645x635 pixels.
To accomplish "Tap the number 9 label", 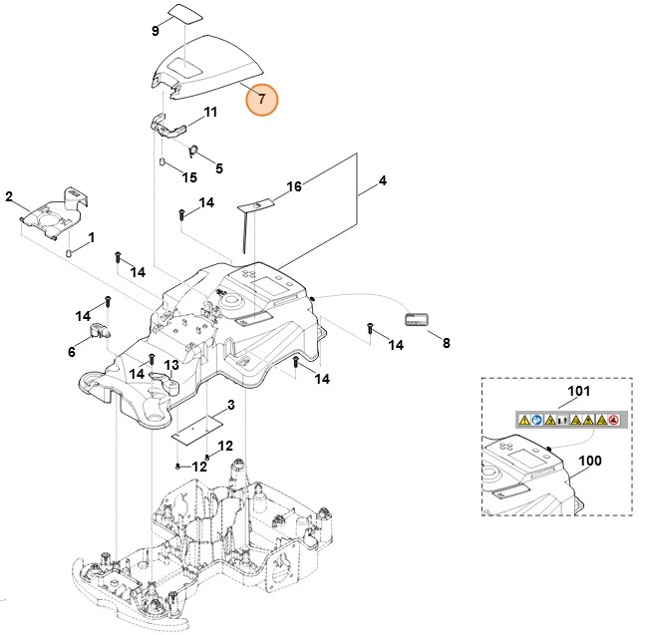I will click(x=155, y=31).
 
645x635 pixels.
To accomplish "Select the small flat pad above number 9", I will click(x=183, y=12).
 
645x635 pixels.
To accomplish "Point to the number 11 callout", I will click(x=210, y=113).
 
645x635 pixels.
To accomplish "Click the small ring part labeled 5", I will click(x=194, y=152).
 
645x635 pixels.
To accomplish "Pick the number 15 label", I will click(x=188, y=177).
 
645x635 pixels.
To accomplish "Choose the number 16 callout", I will click(x=293, y=186).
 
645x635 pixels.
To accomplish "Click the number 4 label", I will click(x=381, y=182).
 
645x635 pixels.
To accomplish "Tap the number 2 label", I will click(x=9, y=195).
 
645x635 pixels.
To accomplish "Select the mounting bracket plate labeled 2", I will click(x=55, y=213).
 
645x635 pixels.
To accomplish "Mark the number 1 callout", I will click(x=91, y=238).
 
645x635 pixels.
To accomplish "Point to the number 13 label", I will click(x=170, y=366).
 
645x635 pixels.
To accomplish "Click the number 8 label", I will click(x=446, y=343).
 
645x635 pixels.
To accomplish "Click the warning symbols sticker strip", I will click(x=567, y=421).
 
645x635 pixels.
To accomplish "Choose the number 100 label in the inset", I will click(x=590, y=463).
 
